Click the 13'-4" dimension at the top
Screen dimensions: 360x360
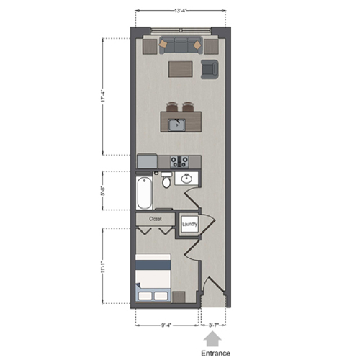(181, 11)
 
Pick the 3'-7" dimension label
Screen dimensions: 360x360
(215, 325)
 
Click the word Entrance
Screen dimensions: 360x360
(215, 353)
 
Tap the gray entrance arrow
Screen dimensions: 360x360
(215, 338)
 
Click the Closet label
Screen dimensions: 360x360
(156, 218)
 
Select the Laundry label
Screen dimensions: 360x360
(189, 225)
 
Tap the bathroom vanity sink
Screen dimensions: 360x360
(187, 179)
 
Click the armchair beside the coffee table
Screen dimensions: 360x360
(210, 68)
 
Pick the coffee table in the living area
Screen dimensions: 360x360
(182, 69)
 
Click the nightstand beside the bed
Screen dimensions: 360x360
(179, 296)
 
